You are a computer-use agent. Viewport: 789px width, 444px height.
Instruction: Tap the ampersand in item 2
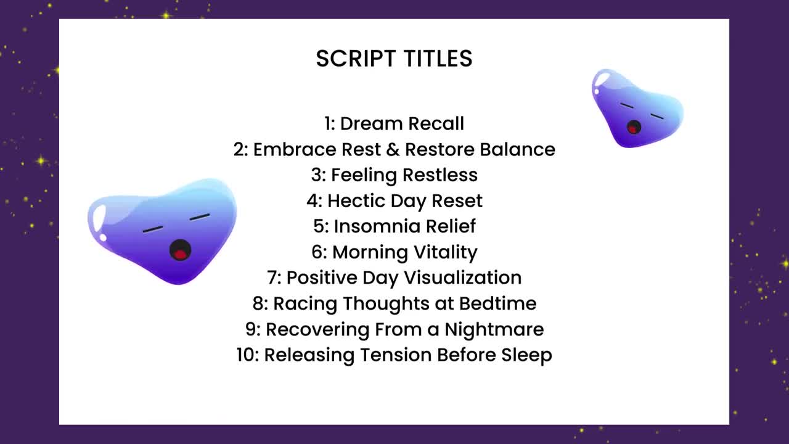click(x=393, y=149)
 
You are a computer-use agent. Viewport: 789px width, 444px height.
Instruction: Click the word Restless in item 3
click(x=440, y=175)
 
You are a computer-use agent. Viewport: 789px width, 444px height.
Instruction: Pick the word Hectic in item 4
click(x=356, y=201)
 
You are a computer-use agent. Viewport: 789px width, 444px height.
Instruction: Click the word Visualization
click(x=463, y=277)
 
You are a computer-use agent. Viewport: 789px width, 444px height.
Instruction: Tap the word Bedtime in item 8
click(x=497, y=303)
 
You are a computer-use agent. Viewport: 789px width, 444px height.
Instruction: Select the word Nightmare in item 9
click(x=494, y=329)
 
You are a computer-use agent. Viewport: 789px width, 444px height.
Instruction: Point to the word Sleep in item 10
click(x=526, y=355)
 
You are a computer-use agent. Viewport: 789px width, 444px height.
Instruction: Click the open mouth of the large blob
click(x=180, y=250)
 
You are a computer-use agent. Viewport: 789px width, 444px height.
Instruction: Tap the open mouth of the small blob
click(x=634, y=127)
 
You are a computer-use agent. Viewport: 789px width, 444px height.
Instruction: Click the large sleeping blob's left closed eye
click(x=152, y=229)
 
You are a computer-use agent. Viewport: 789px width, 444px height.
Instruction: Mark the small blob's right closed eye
click(x=657, y=117)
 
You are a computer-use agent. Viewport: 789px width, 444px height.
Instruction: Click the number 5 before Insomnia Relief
click(x=319, y=226)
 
